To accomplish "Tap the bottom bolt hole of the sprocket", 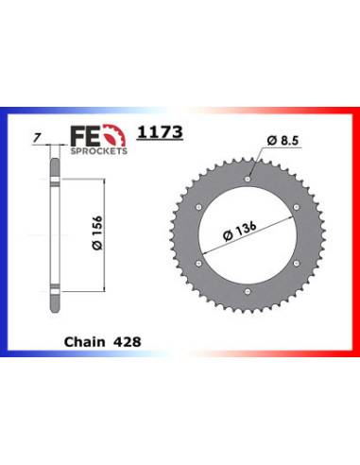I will click(x=248, y=290).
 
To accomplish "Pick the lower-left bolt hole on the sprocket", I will click(x=198, y=262).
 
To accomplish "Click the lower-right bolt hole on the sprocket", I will click(x=297, y=262).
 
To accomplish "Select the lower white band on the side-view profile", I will click(x=55, y=287).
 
